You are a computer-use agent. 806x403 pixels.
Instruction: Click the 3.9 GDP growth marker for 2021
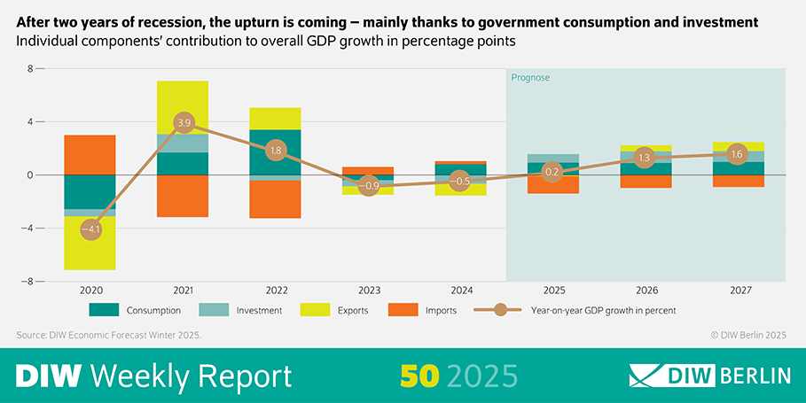pos(184,122)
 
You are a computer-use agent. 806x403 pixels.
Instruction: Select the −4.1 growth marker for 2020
pos(90,229)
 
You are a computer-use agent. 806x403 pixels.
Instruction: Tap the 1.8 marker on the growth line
pos(275,151)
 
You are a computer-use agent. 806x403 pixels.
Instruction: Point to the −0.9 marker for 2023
pos(369,186)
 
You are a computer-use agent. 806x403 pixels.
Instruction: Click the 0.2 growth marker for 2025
pos(552,172)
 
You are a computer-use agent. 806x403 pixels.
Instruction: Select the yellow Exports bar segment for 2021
pos(183,106)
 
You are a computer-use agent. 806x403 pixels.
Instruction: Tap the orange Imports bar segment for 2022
pos(275,198)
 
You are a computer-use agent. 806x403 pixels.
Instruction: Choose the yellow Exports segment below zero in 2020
pos(90,248)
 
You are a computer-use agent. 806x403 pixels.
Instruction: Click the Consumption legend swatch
pos(106,310)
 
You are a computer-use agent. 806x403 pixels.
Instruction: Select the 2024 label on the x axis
pos(459,291)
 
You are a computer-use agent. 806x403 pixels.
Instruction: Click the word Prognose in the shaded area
pos(530,78)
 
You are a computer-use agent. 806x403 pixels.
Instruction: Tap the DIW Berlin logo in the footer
pos(709,376)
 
